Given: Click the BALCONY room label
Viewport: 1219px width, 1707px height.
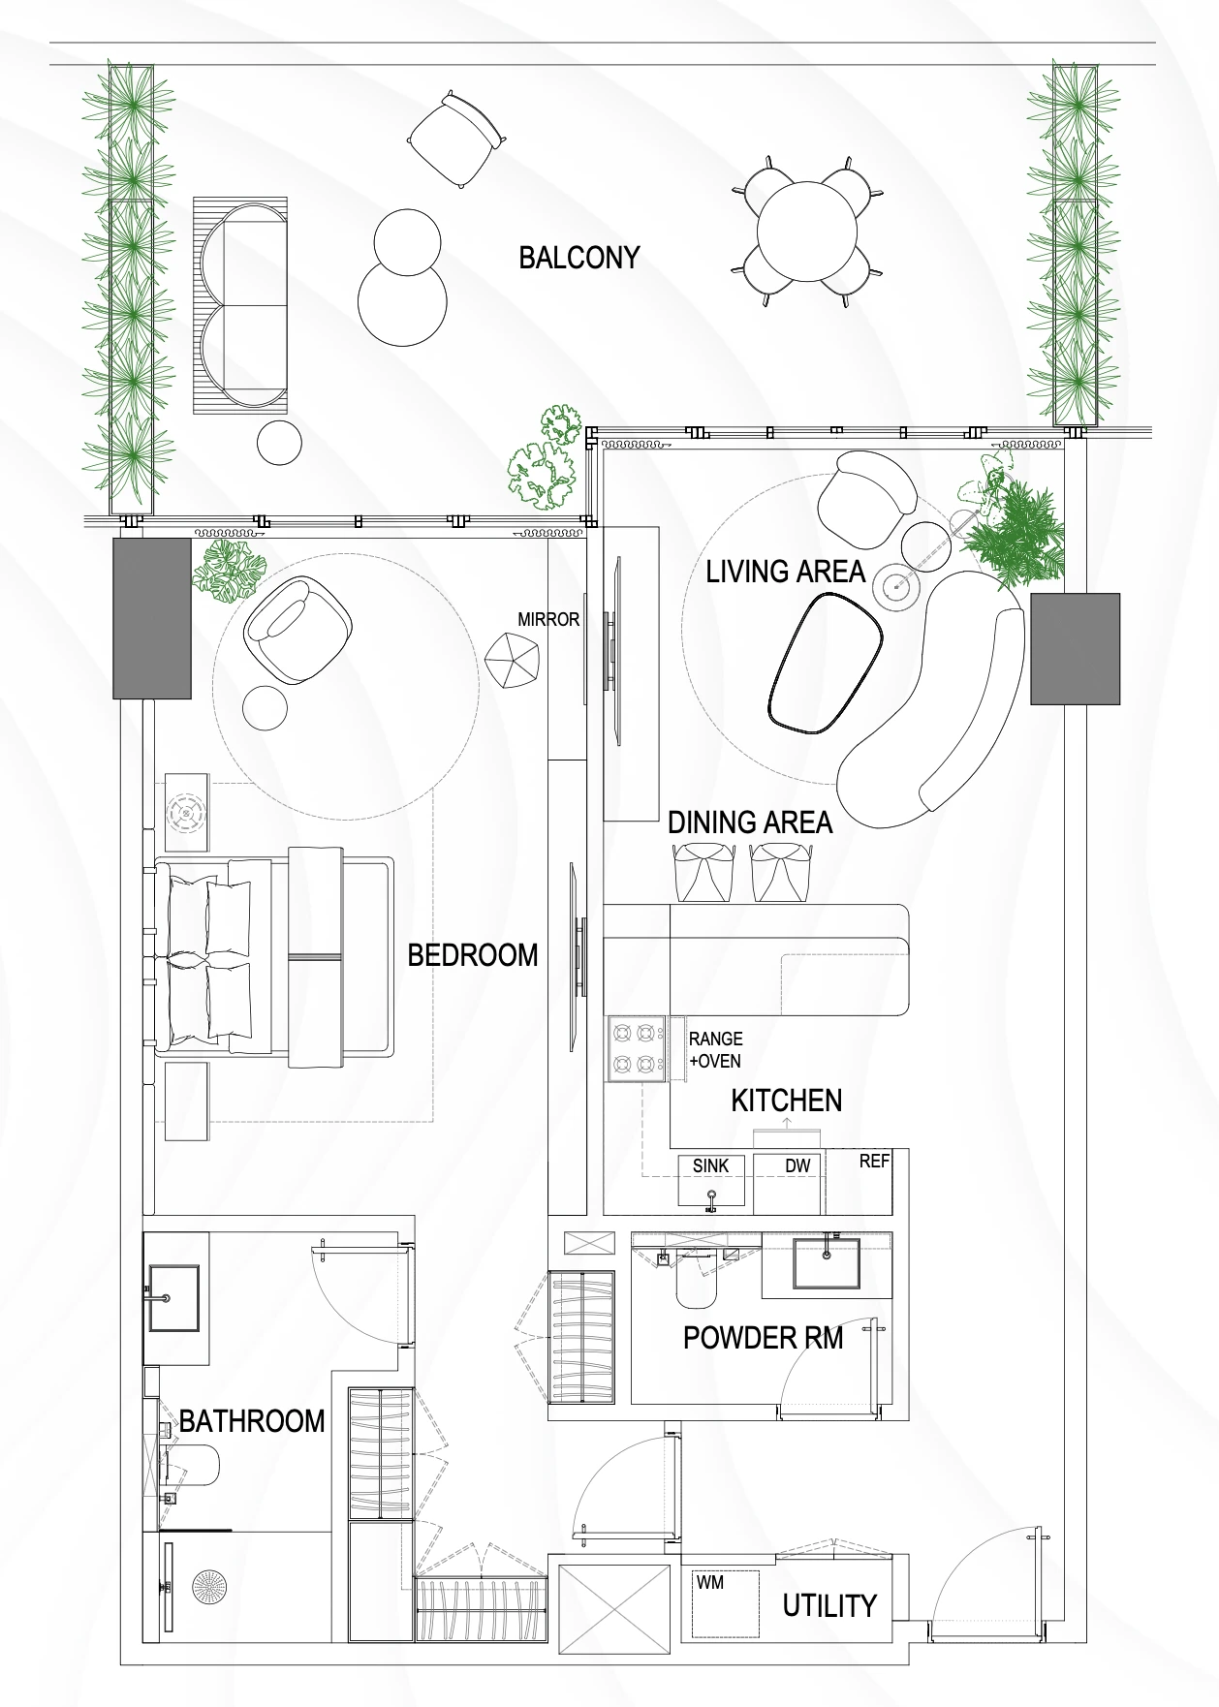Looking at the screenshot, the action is point(579,258).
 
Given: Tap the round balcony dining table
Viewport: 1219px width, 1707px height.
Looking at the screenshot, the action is point(808,232).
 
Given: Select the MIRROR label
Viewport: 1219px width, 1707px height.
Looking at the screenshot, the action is point(548,620).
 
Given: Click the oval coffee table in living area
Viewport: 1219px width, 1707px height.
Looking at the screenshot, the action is point(827,661).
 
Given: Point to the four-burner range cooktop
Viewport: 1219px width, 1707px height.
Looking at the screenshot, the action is point(637,1048).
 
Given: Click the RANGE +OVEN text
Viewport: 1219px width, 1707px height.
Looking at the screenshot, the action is point(715,1050).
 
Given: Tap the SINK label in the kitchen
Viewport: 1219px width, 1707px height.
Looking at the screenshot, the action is point(710,1166).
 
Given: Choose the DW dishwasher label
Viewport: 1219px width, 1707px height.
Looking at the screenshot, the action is point(797,1165).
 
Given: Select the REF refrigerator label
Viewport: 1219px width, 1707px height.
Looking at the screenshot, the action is point(874,1161).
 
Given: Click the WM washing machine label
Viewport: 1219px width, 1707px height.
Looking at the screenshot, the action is point(710,1582).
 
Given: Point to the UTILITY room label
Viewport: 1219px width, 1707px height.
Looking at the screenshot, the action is point(829,1606).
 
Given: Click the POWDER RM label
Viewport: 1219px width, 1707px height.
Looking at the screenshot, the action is point(763,1338).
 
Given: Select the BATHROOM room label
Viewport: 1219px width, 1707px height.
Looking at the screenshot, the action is point(252,1421).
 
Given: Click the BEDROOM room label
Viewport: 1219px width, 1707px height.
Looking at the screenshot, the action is point(473,955).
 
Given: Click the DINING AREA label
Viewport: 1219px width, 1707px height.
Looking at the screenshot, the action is point(750,822).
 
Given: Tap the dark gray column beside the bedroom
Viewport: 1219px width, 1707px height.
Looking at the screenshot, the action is point(152,618).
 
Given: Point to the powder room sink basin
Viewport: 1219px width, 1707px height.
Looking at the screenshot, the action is point(827,1263).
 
